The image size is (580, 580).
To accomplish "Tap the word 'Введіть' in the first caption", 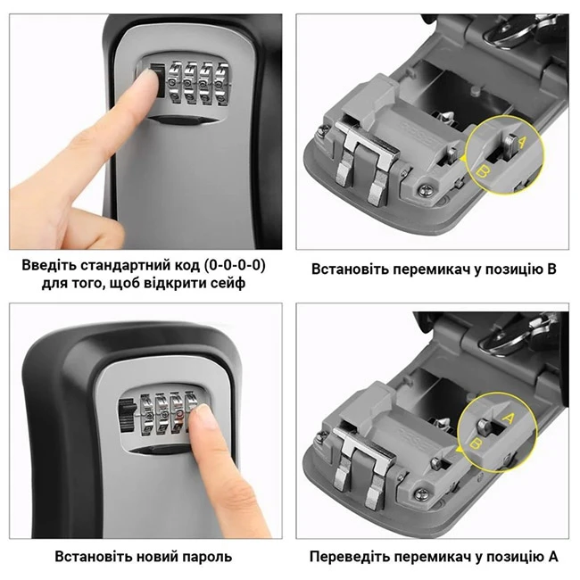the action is click(49, 266).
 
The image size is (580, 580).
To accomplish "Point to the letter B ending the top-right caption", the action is click(552, 269).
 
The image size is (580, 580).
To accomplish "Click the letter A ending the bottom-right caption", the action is click(553, 556).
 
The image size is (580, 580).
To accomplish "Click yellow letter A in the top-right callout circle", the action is click(522, 142).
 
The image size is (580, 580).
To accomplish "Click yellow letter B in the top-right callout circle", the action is click(481, 171).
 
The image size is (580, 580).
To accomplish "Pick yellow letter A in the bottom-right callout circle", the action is click(509, 418).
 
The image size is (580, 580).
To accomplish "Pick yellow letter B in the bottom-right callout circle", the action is click(475, 443).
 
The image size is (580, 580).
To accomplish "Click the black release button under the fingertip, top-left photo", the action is click(157, 80).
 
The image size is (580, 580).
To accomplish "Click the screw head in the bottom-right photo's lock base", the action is click(422, 493).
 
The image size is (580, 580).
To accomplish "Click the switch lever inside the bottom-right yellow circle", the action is click(485, 427).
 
